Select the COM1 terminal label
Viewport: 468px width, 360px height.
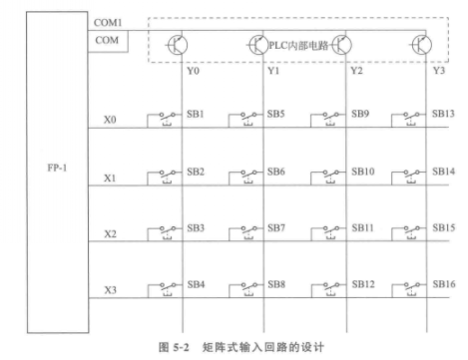pyautogui.click(x=107, y=20)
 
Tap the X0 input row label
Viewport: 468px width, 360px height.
pyautogui.click(x=110, y=121)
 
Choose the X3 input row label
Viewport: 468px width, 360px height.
pyautogui.click(x=110, y=291)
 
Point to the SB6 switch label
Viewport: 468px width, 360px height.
pyautogui.click(x=277, y=172)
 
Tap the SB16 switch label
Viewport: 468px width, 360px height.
pyautogui.click(x=445, y=285)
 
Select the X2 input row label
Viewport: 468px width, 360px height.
pyautogui.click(x=110, y=234)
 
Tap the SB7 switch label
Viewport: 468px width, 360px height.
pyautogui.click(x=277, y=228)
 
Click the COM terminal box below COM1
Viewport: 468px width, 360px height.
pyautogui.click(x=109, y=40)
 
